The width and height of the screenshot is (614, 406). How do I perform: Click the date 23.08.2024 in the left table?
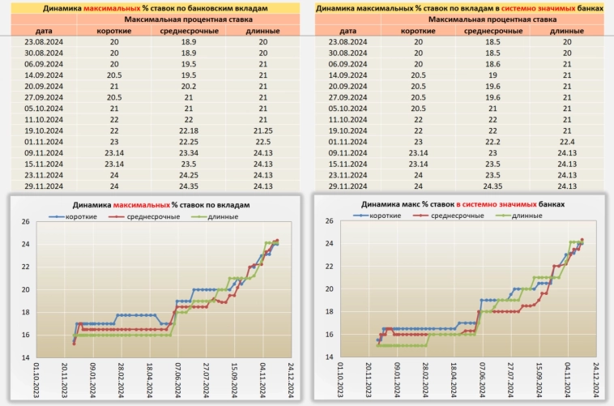tap(41, 41)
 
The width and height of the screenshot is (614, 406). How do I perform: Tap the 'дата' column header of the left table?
tap(41, 30)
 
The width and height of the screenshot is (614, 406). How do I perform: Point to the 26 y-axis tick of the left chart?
tap(26, 222)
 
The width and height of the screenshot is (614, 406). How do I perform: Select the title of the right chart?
tap(463, 206)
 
